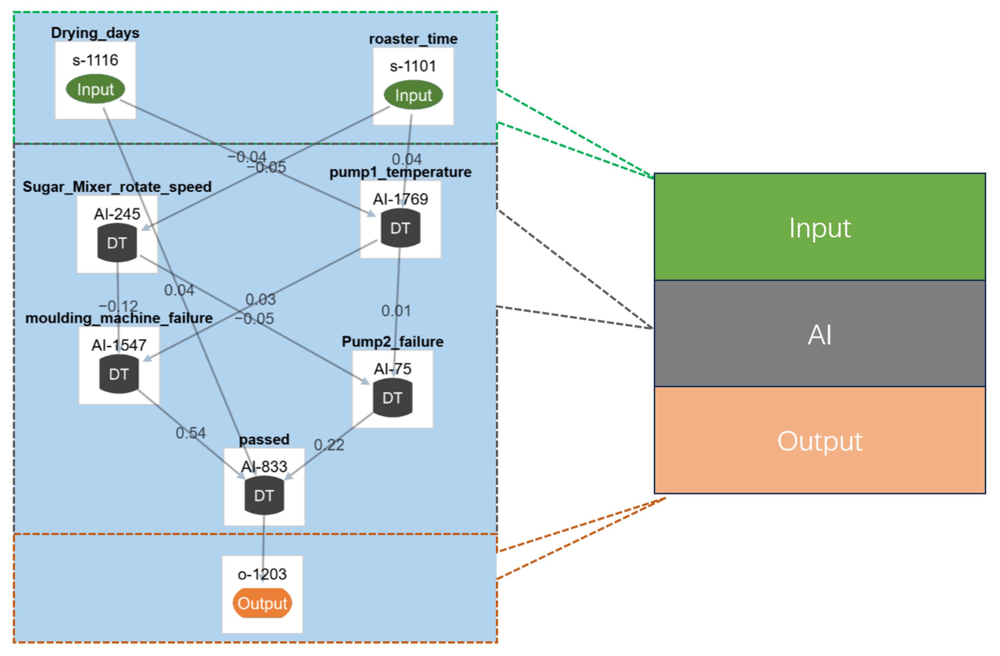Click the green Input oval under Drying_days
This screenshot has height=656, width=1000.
[96, 89]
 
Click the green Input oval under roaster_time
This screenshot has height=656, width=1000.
[413, 95]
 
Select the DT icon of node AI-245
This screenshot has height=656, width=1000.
[117, 243]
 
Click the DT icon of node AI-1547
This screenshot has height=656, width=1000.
[119, 374]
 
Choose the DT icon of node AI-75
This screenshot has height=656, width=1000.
[393, 398]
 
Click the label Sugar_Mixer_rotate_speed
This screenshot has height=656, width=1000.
[117, 187]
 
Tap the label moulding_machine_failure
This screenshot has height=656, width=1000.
[119, 318]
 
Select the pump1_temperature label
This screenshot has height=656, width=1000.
[400, 172]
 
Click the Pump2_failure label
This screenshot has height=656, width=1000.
[393, 341]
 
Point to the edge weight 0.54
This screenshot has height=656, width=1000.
[191, 433]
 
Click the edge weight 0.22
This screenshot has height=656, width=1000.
[329, 445]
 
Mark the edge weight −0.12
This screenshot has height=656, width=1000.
[118, 306]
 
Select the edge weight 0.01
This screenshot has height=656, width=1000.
[396, 311]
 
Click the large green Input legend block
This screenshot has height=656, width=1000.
[820, 227]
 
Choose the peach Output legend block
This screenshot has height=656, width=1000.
[820, 440]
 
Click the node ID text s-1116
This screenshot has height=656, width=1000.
[96, 60]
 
